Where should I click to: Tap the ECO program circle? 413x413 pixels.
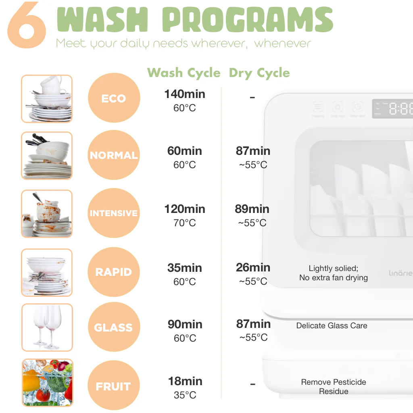pos(114,98)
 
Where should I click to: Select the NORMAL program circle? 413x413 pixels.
pos(114,155)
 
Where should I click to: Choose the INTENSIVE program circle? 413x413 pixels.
pos(114,213)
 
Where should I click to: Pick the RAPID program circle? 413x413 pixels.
pos(114,272)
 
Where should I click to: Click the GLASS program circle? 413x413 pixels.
pos(114,327)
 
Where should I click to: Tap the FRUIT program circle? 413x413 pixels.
pos(114,385)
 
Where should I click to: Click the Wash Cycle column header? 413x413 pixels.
pos(184,73)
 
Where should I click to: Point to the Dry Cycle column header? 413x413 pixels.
pos(259,73)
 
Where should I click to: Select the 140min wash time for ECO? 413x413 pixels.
pos(185,94)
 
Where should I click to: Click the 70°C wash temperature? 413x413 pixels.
pos(185,223)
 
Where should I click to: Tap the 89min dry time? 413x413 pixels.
pos(252,209)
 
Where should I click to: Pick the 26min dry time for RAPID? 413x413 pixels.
pos(253,267)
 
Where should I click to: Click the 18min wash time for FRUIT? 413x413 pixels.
pos(185,381)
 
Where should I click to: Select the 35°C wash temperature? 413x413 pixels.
pos(185,395)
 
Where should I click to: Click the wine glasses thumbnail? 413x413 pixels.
pos(47,327)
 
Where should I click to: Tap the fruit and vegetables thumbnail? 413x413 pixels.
pos(48,383)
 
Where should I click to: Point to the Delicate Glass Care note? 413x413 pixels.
pos(332,325)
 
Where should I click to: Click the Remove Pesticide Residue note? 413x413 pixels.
pos(334,387)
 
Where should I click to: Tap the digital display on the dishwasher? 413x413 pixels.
pos(392,108)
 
